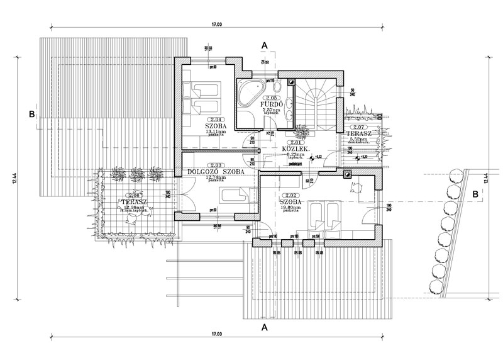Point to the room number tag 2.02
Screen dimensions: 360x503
(290, 196)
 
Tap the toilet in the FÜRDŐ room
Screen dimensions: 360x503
(287, 106)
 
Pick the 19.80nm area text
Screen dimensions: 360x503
(290, 206)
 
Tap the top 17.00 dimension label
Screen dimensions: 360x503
(216, 25)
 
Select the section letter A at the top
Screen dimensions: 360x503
(265, 45)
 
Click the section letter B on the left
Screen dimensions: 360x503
(30, 114)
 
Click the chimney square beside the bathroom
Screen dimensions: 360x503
(290, 81)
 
